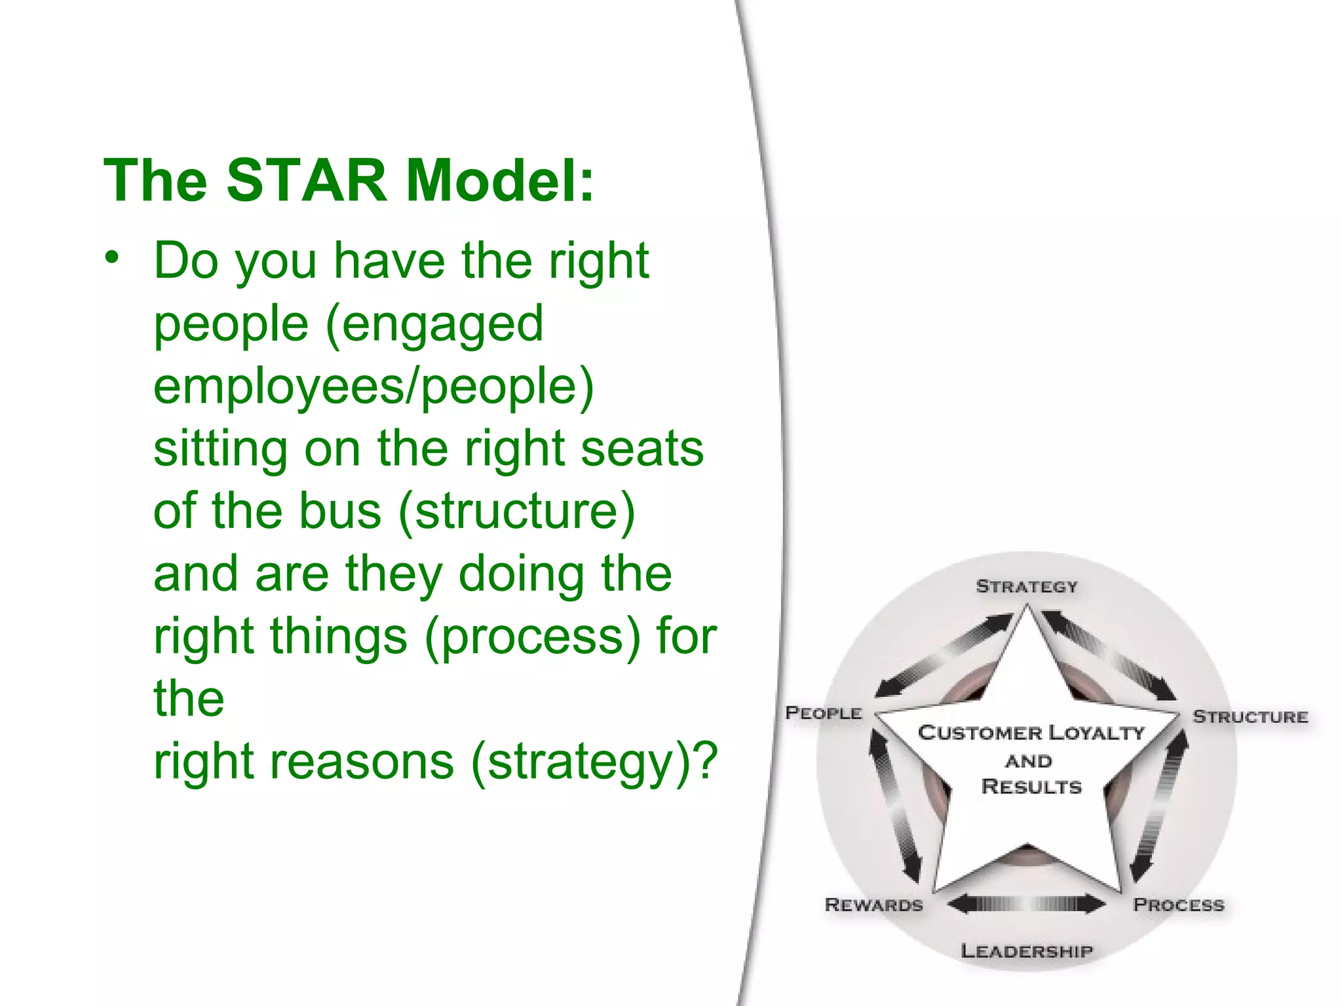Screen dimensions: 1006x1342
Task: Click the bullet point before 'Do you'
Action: [113, 257]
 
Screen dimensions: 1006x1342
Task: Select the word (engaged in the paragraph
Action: [434, 324]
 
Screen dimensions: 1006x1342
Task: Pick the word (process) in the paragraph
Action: [532, 636]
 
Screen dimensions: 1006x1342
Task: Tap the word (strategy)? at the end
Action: [594, 761]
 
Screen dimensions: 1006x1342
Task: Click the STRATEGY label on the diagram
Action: [1026, 586]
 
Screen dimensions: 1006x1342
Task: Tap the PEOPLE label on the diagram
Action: [823, 713]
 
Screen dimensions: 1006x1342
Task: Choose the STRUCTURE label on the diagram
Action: [1250, 717]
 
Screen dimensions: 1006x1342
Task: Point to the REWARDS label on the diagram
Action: [873, 904]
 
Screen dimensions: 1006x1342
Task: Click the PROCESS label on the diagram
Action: [1178, 904]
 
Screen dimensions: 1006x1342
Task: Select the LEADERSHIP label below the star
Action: [1026, 950]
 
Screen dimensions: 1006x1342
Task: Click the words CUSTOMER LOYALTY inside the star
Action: [1031, 732]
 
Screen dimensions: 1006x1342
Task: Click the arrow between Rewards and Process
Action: [1026, 904]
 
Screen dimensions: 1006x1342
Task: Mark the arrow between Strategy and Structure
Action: [1109, 655]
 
